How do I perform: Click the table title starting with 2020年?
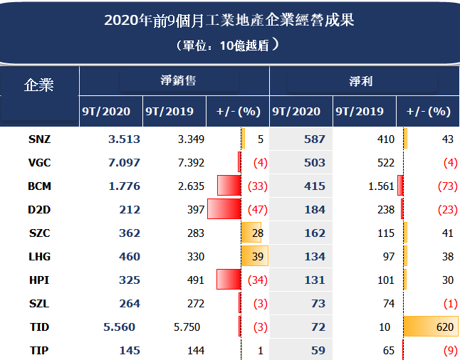[x=229, y=20]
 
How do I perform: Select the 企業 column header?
[x=39, y=85]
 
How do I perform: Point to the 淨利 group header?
[x=362, y=81]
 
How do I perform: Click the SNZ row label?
[x=39, y=139]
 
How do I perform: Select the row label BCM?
[x=39, y=186]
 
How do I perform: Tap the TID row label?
[x=39, y=327]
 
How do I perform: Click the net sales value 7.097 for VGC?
[x=124, y=163]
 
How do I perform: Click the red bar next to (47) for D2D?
[x=224, y=210]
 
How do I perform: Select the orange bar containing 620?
[x=430, y=327]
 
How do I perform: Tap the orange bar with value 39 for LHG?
[x=256, y=257]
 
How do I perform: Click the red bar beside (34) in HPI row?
[x=229, y=280]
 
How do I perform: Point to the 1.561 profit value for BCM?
[x=380, y=186]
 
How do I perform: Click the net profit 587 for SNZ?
[x=313, y=139]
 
